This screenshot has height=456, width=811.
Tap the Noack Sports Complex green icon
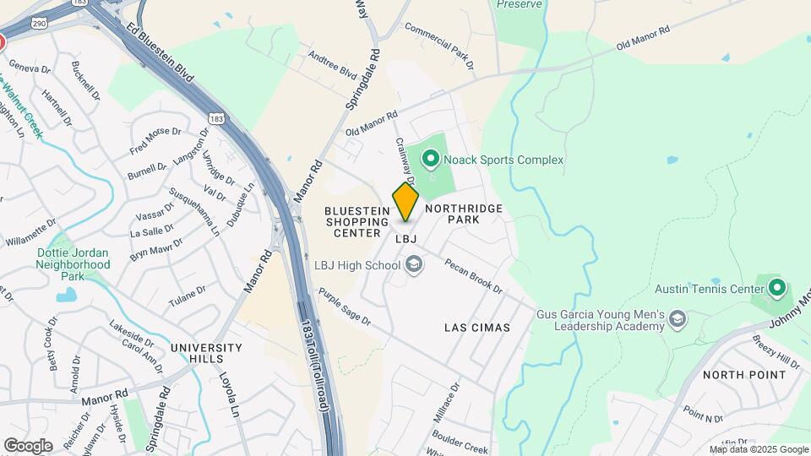coord(430,158)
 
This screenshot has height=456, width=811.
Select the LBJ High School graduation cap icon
coord(413,266)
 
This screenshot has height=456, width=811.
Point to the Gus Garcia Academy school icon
coord(677,318)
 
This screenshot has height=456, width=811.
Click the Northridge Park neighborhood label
coord(464,214)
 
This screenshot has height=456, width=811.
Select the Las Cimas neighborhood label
coord(476,327)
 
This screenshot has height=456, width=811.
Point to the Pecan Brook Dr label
coord(473,275)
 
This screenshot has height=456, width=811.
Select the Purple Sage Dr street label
coord(345,307)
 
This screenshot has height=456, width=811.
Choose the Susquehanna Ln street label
coord(194,212)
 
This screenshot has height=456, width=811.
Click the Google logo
coord(27,445)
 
